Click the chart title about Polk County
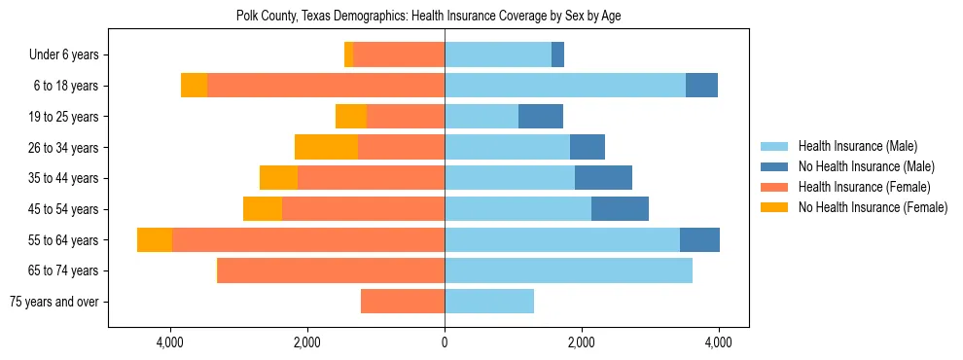coord(428,16)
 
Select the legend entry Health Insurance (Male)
coord(857,146)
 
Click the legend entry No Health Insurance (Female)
coord(873,207)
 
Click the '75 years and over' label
coord(53,302)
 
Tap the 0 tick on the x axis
coord(445,342)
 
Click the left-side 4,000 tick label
coord(170,342)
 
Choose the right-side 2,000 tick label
coord(582,342)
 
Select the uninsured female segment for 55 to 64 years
coord(155,239)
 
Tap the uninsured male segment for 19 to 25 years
coord(541,117)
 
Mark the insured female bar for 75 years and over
coord(403,302)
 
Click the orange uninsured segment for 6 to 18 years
coord(195,86)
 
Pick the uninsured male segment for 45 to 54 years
coord(620,209)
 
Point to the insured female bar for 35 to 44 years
coord(371,178)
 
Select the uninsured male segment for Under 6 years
coord(557,54)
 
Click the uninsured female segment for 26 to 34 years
coord(326,147)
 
